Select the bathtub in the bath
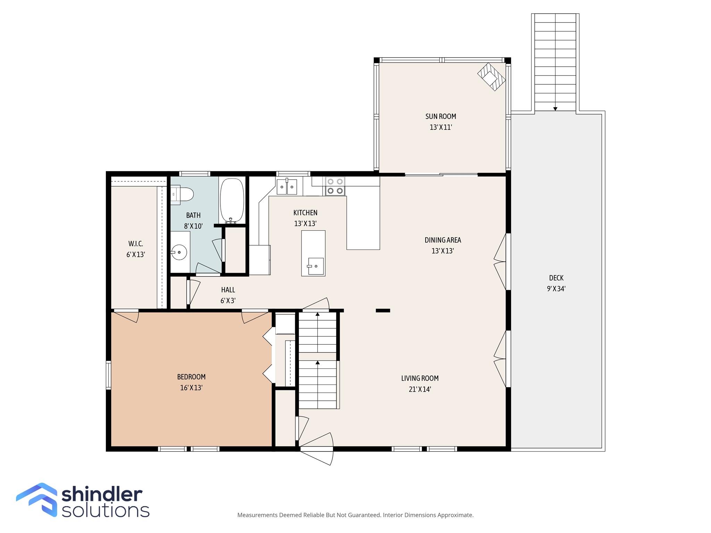pyautogui.click(x=232, y=201)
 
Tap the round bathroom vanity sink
pyautogui.click(x=179, y=252)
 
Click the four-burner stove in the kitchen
pyautogui.click(x=335, y=186)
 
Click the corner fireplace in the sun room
pyautogui.click(x=491, y=77)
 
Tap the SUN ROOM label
pyautogui.click(x=441, y=116)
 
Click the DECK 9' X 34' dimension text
pyautogui.click(x=556, y=289)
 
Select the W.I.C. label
pyautogui.click(x=135, y=244)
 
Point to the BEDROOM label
pyautogui.click(x=191, y=377)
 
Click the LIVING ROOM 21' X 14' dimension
pyautogui.click(x=420, y=389)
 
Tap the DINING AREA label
pyautogui.click(x=443, y=240)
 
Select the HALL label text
pyautogui.click(x=228, y=290)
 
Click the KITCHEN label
pyautogui.click(x=305, y=212)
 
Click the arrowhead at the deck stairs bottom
pyautogui.click(x=555, y=109)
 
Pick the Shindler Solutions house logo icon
pyautogui.click(x=37, y=500)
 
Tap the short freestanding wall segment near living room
pyautogui.click(x=383, y=311)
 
